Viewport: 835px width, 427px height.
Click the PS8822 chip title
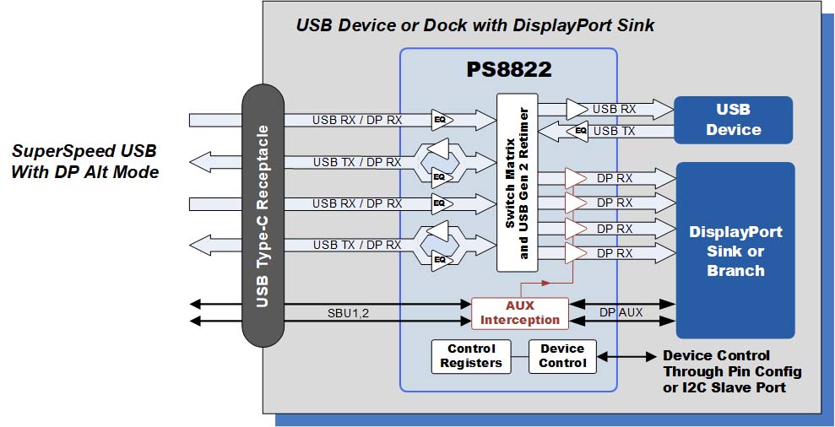click(509, 70)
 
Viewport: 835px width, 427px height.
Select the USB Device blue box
click(733, 120)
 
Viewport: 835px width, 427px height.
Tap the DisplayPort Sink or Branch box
click(735, 251)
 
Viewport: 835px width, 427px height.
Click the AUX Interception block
click(519, 312)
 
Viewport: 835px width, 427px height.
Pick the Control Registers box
click(471, 355)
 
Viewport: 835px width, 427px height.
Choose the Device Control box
click(562, 355)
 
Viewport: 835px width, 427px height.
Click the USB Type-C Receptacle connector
click(263, 215)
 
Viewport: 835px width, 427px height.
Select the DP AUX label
click(621, 312)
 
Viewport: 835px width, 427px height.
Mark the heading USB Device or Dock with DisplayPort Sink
click(474, 25)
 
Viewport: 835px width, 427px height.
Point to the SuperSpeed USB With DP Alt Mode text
click(84, 161)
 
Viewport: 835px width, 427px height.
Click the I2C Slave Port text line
click(724, 387)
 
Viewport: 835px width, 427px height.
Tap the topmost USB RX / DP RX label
click(357, 120)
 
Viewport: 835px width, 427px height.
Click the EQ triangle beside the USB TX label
click(580, 131)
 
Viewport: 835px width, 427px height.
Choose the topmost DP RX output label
click(615, 178)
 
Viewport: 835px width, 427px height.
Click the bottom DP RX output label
click(615, 252)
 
